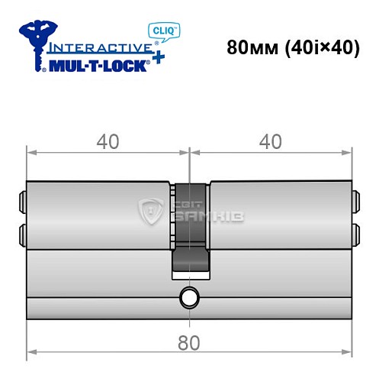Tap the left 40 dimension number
pyautogui.click(x=108, y=143)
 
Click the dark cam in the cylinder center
pyautogui.click(x=189, y=229)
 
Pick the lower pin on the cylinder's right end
pyautogui.click(x=356, y=231)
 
